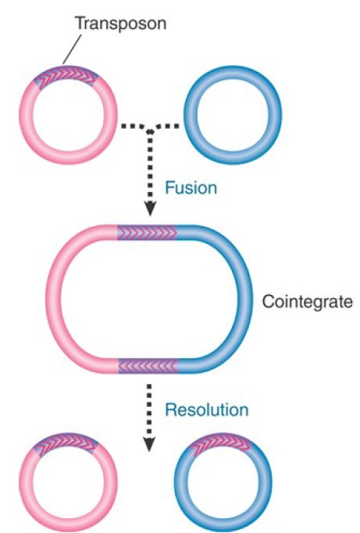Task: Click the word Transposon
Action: click(121, 23)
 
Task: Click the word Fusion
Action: click(191, 188)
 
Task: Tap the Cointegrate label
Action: click(308, 301)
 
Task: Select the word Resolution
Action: click(207, 410)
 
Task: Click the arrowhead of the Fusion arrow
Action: click(150, 208)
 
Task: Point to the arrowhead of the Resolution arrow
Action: click(149, 445)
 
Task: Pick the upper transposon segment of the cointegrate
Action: click(147, 233)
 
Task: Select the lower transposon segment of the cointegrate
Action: click(148, 366)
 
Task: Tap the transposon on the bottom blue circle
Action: click(222, 442)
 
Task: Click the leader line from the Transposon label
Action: click(72, 49)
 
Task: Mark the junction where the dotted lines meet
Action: click(150, 131)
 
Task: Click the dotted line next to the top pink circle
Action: click(134, 126)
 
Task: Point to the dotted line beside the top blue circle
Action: click(167, 126)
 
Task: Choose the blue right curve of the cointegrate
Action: click(245, 299)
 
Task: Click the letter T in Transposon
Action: click(80, 23)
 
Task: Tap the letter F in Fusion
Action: click(169, 188)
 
